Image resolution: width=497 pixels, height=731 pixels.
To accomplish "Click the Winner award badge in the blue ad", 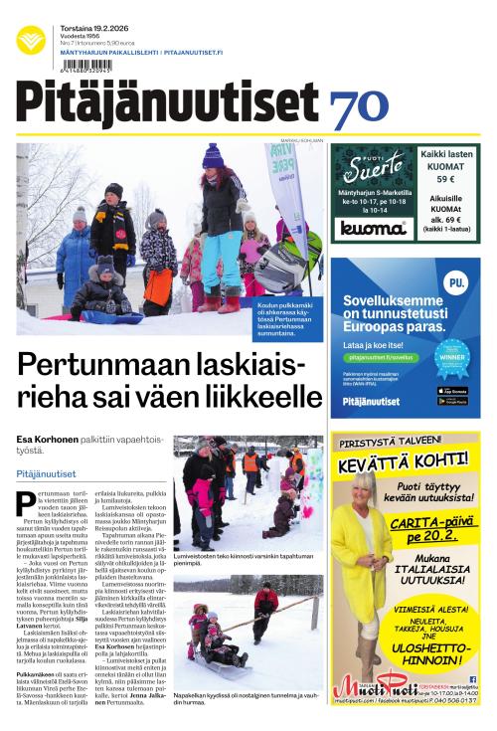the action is click(x=451, y=359).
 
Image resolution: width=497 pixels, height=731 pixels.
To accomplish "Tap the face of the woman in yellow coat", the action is click(x=362, y=490).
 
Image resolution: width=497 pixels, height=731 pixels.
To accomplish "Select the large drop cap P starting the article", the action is click(x=26, y=504).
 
